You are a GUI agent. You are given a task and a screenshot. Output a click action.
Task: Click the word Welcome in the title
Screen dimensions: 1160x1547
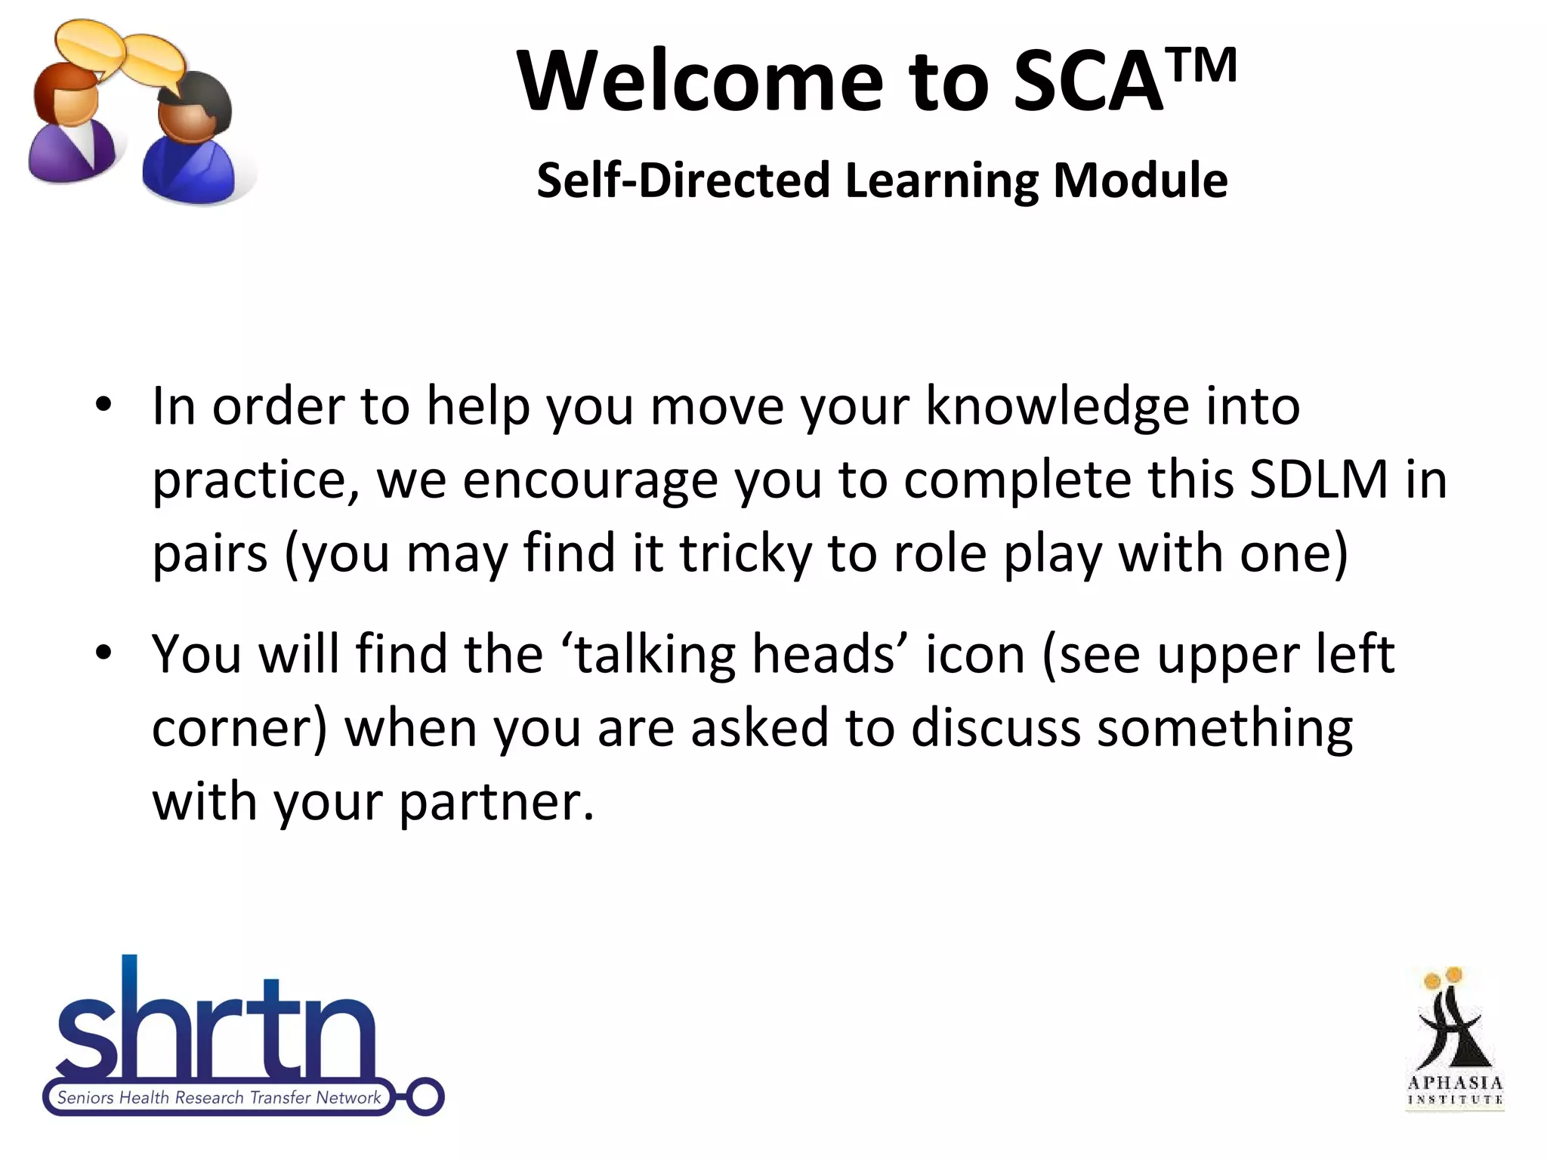tap(699, 82)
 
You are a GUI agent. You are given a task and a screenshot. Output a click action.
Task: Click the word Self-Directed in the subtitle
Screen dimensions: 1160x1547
tap(683, 181)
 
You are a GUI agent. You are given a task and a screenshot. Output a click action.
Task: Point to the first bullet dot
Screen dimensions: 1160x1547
tap(103, 404)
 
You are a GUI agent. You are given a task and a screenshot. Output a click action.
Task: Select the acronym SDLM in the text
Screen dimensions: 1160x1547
tap(1319, 479)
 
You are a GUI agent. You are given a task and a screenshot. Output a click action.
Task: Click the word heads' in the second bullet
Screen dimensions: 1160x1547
tap(830, 654)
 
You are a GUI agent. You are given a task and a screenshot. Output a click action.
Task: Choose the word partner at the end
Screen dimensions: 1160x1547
tap(495, 802)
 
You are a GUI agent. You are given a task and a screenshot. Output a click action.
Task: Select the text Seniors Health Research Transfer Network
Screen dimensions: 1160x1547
tap(219, 1097)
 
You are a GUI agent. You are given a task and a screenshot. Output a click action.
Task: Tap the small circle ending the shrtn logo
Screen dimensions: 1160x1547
tap(425, 1097)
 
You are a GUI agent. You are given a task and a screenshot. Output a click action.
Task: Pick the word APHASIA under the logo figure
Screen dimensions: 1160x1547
tap(1455, 1083)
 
